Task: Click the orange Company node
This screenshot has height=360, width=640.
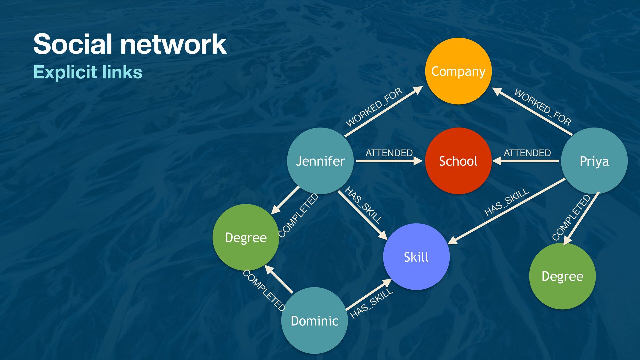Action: point(458,71)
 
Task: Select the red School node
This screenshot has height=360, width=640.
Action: point(458,161)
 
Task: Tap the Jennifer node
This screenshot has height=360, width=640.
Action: point(320,161)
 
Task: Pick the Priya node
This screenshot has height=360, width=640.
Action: point(594,161)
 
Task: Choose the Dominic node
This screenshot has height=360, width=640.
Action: point(314,321)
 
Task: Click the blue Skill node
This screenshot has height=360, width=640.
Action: point(416,257)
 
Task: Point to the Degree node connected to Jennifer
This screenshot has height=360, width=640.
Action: point(246,237)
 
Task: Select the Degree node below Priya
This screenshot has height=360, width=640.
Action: point(562,276)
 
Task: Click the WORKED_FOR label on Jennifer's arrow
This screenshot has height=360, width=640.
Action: point(374,107)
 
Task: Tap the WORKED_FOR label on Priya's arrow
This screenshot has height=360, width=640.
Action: point(543,107)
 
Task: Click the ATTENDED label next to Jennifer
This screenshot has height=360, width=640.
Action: point(389,153)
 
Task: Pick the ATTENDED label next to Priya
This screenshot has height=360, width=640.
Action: point(527,153)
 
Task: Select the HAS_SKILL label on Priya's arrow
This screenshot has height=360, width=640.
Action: point(507,202)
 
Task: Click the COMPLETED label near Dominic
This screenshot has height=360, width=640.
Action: point(264,290)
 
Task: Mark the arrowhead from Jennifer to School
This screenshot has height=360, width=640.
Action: point(418,161)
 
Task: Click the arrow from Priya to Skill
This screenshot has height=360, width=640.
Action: point(507,211)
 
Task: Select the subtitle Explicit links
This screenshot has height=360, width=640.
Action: point(88,72)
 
